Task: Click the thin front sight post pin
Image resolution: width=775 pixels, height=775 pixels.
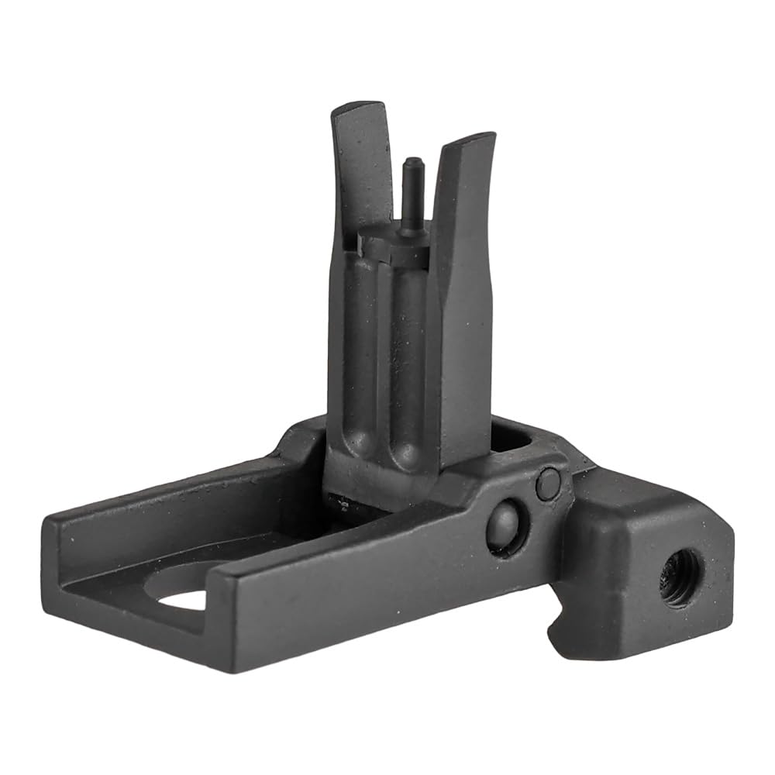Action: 412,193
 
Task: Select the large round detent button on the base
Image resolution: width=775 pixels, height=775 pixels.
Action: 506,526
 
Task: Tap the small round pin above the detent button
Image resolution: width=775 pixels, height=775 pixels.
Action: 549,484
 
